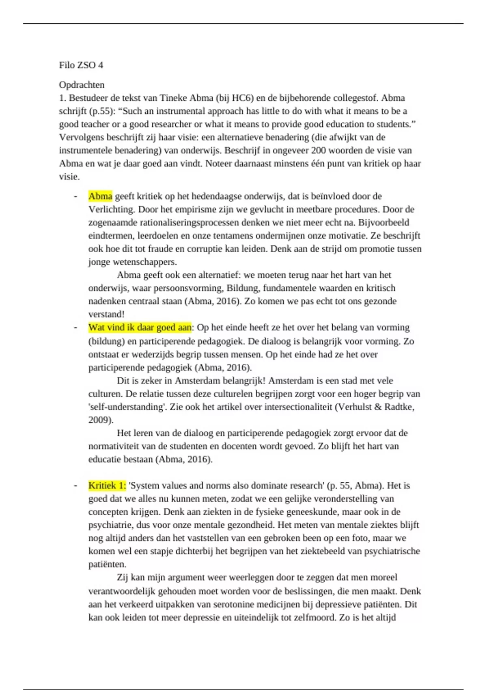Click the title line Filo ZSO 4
click(81, 65)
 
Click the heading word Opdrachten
click(82, 85)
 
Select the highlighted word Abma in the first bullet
click(100, 196)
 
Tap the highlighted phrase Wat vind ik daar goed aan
click(140, 328)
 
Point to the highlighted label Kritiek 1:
click(107, 485)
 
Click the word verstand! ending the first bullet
click(106, 314)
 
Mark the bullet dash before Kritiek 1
click(75, 485)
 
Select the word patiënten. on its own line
click(108, 564)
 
